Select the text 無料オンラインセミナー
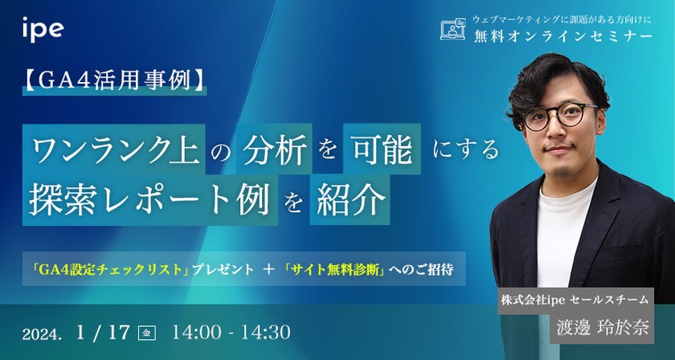coord(562,36)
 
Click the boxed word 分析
coord(274,149)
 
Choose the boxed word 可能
coord(377,149)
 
